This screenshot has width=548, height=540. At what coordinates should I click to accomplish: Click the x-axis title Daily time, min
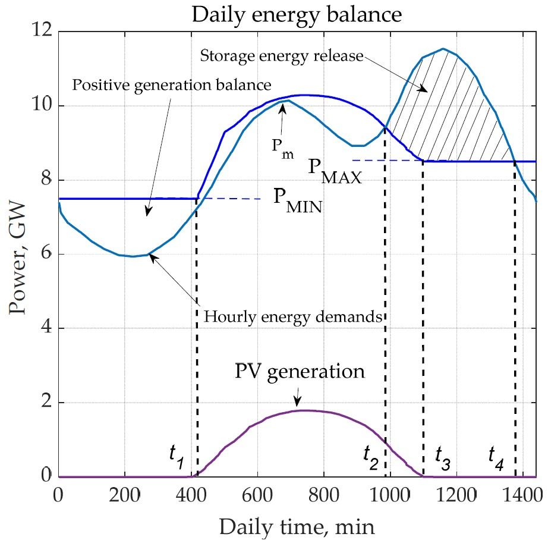(x=297, y=526)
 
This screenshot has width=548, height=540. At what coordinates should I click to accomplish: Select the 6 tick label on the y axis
(x=44, y=254)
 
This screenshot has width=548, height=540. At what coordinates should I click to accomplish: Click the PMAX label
(x=334, y=169)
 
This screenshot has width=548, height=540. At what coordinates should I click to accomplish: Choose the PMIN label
(x=300, y=199)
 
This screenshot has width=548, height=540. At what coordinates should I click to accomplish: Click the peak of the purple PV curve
(x=303, y=410)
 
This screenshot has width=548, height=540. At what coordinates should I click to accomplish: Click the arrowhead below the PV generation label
(x=298, y=401)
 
